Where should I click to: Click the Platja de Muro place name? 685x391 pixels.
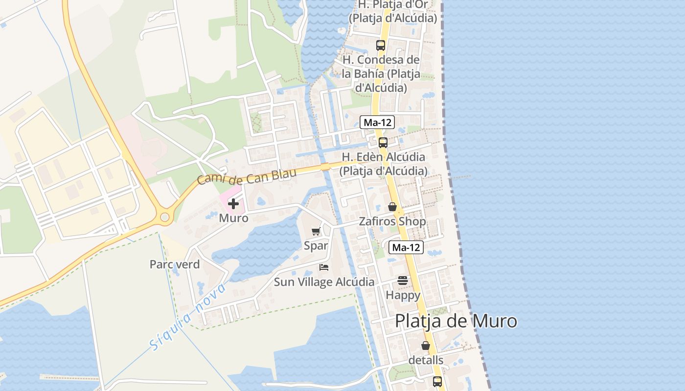click(x=456, y=321)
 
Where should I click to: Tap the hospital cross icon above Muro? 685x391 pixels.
click(x=233, y=204)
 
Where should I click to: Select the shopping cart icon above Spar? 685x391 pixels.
click(x=316, y=232)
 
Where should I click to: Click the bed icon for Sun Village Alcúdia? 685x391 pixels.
click(x=323, y=267)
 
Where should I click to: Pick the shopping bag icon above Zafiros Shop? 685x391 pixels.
click(x=392, y=207)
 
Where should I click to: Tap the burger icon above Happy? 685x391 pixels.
click(x=403, y=281)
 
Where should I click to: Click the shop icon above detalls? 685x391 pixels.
click(x=426, y=346)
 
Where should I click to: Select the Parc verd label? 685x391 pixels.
click(x=175, y=264)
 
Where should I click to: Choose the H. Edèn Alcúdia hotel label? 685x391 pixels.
click(x=383, y=164)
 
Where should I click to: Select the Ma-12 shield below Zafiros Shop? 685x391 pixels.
click(x=406, y=247)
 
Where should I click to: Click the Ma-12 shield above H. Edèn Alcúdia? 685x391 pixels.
click(x=377, y=122)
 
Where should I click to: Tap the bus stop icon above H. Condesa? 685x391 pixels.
click(x=380, y=45)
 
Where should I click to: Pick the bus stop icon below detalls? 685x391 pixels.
click(x=437, y=381)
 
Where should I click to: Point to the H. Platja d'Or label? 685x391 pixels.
click(x=392, y=11)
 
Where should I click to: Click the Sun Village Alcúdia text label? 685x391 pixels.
click(x=324, y=282)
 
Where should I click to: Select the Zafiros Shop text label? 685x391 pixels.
click(x=392, y=221)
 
